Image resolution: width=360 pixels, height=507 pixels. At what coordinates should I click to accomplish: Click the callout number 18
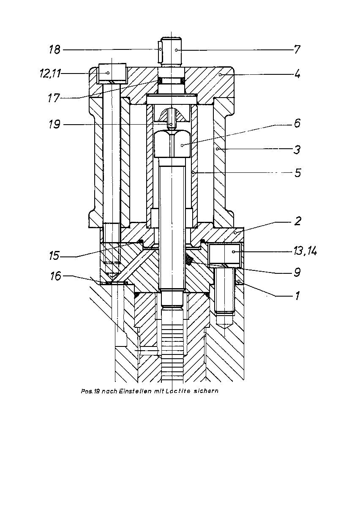pos(55,49)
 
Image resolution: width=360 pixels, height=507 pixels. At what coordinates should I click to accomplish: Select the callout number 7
pos(297,49)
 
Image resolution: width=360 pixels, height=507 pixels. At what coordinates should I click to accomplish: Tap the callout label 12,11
pos(50,74)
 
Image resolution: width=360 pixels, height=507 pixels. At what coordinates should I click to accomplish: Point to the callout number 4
pos(297,74)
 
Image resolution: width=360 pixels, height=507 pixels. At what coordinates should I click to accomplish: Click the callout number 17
pos(54,98)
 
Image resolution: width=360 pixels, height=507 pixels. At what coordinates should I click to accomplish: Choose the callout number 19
pos(55,124)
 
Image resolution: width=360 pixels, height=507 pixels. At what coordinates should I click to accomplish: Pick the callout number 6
pos(297,123)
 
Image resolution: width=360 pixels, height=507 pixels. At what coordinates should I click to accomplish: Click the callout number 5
pos(298,173)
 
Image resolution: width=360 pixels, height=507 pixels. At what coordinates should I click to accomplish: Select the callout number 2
pos(298,221)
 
